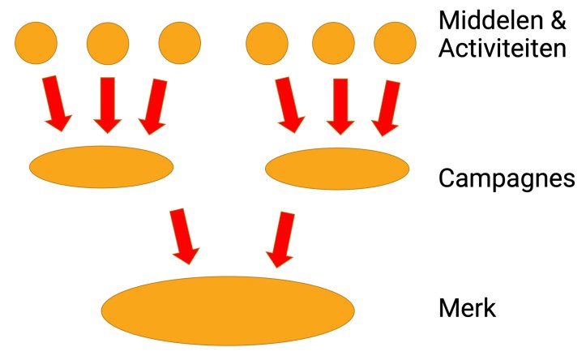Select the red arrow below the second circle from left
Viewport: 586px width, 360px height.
106,104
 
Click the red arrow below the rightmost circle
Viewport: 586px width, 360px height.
388,104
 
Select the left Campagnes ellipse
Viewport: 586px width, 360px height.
101,166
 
